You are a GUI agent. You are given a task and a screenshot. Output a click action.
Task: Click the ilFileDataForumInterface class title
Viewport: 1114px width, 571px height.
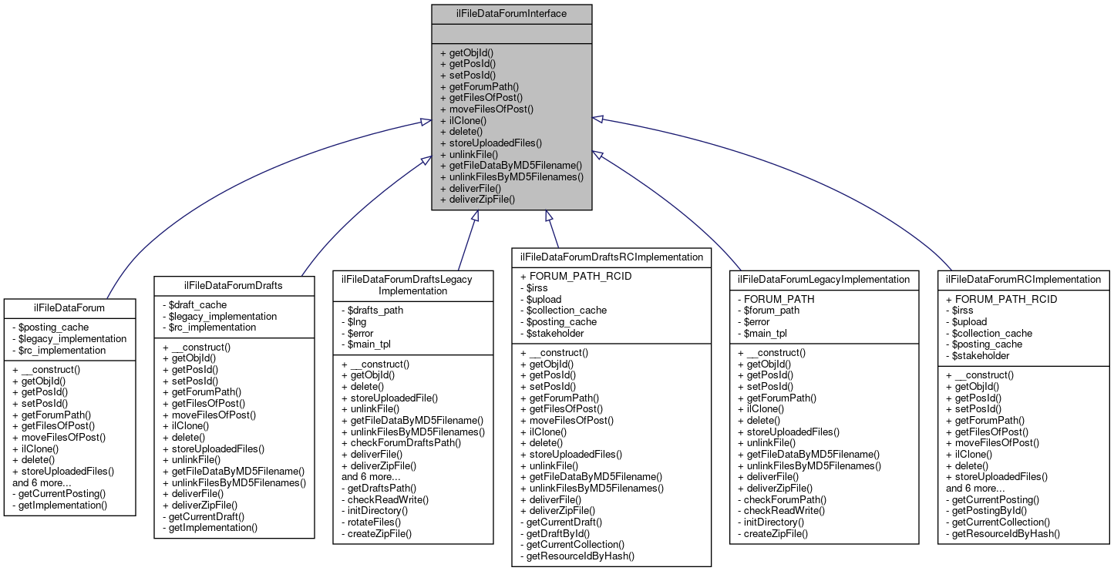(x=511, y=13)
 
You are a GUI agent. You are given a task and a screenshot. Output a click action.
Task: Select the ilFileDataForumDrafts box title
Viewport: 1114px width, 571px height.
(x=234, y=286)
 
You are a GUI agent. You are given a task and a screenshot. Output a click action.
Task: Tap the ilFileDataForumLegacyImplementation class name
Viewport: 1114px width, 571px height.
(x=823, y=279)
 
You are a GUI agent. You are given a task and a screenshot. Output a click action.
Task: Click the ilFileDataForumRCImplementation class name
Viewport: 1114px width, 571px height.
(x=1024, y=279)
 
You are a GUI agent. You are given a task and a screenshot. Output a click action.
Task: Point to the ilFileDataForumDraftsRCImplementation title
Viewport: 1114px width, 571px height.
(x=611, y=257)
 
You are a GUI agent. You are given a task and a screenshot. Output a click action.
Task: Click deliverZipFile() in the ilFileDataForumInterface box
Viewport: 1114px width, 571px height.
(x=476, y=200)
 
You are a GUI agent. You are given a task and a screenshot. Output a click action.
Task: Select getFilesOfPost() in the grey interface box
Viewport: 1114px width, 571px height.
(x=481, y=98)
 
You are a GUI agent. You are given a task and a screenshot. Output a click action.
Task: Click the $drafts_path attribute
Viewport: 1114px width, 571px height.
(x=372, y=311)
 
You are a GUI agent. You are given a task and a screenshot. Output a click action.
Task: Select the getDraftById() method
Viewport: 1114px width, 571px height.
(x=557, y=533)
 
